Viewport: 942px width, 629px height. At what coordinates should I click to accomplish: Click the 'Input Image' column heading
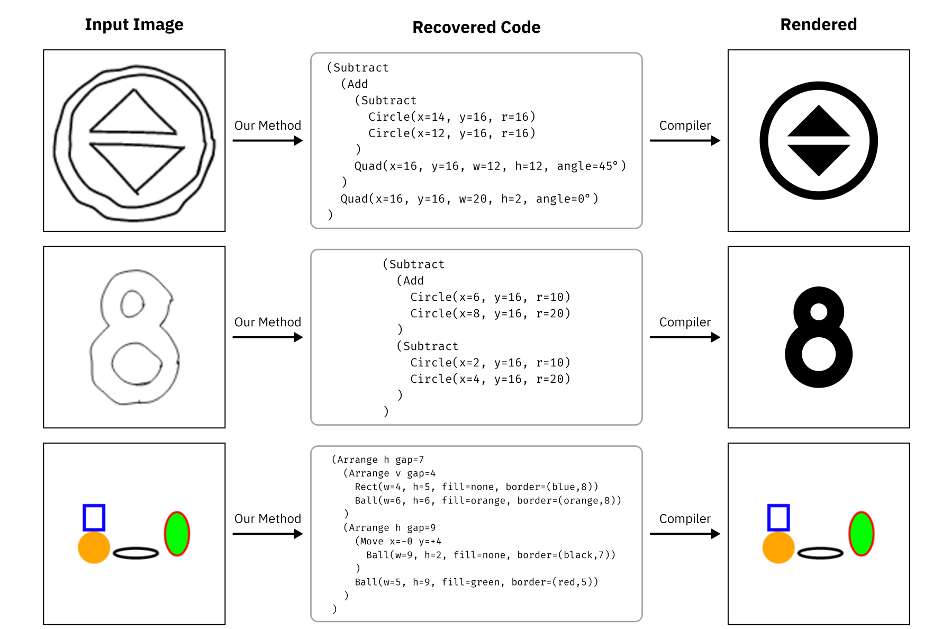click(134, 24)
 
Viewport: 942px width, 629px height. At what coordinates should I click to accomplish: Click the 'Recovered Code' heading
click(476, 27)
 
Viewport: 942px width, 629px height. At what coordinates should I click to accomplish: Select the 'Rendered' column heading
click(818, 24)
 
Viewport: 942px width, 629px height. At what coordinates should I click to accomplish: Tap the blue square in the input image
click(94, 517)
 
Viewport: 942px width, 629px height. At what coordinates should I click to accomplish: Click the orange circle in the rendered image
click(778, 547)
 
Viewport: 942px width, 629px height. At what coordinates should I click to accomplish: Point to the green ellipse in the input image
click(177, 533)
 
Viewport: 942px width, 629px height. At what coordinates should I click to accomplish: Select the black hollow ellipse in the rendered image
click(820, 553)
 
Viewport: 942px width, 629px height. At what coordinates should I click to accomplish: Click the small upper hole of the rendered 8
click(819, 312)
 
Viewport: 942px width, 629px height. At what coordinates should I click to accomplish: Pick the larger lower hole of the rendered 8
click(819, 354)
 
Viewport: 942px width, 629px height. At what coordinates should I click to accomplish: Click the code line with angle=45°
click(490, 166)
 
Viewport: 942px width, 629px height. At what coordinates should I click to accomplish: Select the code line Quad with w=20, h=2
click(469, 199)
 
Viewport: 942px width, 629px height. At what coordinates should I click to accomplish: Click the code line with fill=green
click(476, 582)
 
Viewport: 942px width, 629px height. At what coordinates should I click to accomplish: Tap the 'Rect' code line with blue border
click(476, 487)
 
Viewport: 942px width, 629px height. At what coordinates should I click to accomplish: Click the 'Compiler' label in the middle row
click(685, 322)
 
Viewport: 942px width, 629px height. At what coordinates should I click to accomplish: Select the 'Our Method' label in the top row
click(267, 125)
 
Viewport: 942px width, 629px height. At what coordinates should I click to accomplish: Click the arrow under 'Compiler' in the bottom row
click(685, 534)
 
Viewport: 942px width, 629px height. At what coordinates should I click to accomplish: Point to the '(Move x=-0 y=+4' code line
click(398, 541)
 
